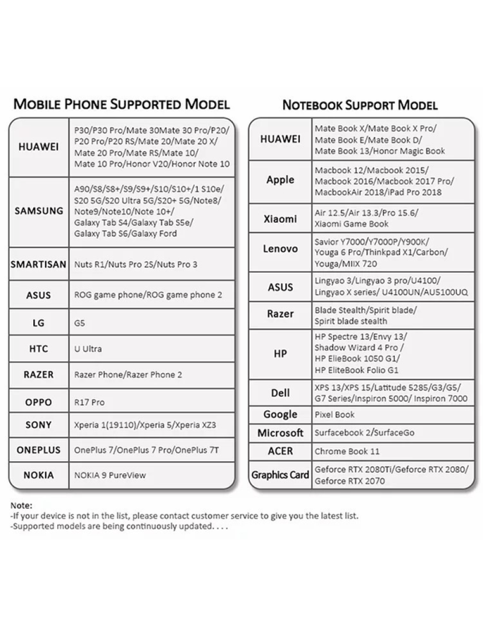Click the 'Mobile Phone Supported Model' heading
pos(121,104)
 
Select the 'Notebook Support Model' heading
pos(360,105)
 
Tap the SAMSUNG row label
pos(39,211)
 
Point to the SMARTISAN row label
pos(39,264)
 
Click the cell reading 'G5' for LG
pos(80,323)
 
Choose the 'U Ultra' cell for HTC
pos(88,349)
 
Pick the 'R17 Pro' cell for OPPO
pos(89,402)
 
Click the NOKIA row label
pos(39,475)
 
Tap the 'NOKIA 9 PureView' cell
pos(110,475)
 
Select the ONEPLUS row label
pos(39,450)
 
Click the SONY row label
pos(39,425)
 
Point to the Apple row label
pos(280,180)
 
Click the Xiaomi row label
pos(280,219)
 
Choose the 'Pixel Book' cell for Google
pos(334,415)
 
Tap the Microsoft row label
pos(280,433)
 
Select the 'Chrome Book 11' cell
pos(347,451)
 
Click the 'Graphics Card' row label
pos(280,475)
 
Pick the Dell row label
pos(280,393)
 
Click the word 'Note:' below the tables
pos(22,506)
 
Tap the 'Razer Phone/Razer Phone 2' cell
pos(128,375)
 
